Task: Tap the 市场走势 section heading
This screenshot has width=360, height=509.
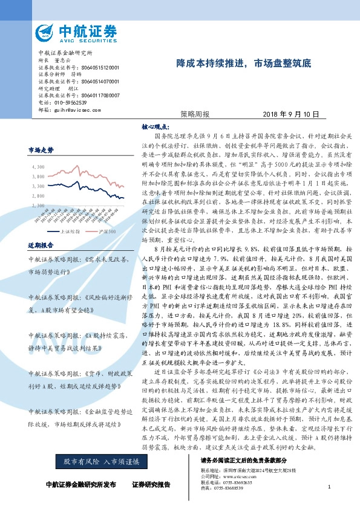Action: click(x=41, y=149)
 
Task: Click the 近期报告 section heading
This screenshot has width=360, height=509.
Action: click(x=41, y=245)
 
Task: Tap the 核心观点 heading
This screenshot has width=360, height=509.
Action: click(x=154, y=128)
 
